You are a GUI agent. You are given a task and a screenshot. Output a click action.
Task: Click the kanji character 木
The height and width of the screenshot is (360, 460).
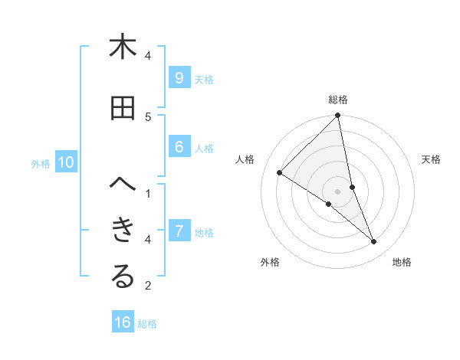click(123, 47)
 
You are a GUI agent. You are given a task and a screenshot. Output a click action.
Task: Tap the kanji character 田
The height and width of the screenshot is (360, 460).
click(123, 108)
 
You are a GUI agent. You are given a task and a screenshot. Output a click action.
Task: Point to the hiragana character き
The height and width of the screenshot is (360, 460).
click(123, 231)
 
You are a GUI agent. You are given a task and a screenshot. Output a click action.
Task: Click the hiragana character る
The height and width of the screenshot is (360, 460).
click(123, 277)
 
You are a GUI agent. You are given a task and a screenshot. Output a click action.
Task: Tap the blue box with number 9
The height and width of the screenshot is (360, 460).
click(179, 78)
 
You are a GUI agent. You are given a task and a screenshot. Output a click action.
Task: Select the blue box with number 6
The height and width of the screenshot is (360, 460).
click(179, 148)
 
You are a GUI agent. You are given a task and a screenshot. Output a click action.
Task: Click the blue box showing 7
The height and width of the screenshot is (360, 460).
click(179, 231)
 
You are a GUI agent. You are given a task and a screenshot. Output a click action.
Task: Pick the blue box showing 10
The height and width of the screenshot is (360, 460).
click(66, 162)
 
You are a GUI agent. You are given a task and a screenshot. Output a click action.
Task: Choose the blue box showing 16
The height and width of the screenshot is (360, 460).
click(123, 322)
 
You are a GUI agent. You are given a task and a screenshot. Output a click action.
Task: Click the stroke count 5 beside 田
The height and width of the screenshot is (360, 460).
click(148, 116)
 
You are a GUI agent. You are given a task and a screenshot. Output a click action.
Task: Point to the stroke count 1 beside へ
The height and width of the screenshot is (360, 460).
click(148, 194)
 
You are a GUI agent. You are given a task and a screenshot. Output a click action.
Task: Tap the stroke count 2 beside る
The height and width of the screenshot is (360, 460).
click(148, 286)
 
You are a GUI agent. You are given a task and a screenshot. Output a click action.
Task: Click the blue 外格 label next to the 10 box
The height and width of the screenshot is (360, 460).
click(41, 163)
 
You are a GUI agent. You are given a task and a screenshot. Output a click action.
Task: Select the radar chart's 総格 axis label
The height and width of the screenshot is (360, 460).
click(338, 100)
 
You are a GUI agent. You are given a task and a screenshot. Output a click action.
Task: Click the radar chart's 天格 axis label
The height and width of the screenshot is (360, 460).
click(432, 159)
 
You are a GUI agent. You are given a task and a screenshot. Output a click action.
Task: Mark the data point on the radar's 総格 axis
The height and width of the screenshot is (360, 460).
click(338, 116)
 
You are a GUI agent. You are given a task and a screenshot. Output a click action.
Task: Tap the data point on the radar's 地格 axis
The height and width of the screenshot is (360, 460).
click(374, 242)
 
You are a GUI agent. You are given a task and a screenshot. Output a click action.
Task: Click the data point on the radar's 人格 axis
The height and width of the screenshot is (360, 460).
click(280, 172)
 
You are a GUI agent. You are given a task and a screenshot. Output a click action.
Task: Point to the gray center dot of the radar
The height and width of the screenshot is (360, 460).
click(338, 191)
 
